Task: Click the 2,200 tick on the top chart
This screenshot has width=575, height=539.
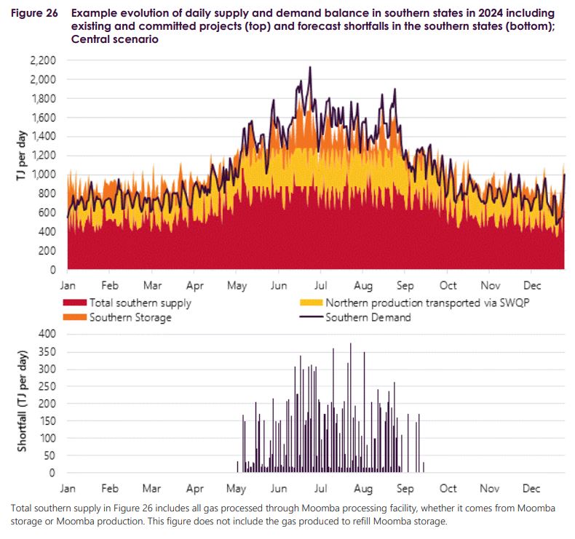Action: tap(43, 60)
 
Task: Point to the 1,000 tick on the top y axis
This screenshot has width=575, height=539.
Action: tap(43, 175)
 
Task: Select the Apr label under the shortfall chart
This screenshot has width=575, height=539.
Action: tap(194, 488)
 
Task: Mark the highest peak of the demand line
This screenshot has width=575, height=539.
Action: tap(311, 68)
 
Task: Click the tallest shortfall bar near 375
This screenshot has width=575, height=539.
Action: tap(350, 344)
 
